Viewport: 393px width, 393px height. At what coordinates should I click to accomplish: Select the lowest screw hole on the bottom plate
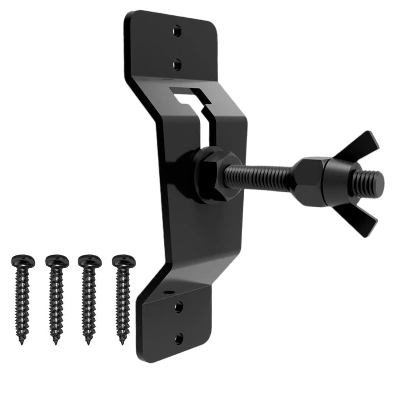coord(179,338)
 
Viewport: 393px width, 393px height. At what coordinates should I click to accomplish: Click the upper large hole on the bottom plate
coord(178,307)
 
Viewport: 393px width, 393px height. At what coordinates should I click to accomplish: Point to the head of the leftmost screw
coord(20,260)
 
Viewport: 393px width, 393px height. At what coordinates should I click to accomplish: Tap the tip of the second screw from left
coord(55,343)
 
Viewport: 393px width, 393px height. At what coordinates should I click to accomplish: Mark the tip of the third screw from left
coord(88,342)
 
